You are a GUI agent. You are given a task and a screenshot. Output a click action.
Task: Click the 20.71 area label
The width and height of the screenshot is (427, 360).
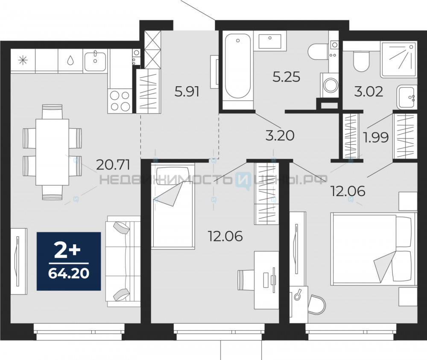point(113,164)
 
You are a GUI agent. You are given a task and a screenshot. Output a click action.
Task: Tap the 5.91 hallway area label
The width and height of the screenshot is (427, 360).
point(187,91)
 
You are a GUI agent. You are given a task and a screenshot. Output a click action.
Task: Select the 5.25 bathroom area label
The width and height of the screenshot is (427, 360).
point(286,77)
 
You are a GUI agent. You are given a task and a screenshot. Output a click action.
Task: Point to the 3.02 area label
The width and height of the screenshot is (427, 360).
point(369,91)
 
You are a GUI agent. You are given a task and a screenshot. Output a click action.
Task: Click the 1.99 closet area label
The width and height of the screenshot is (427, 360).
point(376,137)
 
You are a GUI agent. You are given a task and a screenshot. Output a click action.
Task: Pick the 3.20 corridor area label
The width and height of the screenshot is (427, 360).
point(280,135)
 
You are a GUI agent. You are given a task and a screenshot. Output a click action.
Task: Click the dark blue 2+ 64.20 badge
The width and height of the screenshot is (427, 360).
point(69,261)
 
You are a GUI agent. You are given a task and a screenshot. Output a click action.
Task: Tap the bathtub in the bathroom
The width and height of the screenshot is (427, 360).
point(238,66)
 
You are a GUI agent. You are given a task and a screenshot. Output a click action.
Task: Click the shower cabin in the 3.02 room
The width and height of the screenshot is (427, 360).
point(399,59)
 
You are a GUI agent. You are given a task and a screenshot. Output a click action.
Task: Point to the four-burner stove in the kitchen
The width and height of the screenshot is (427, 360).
point(120,101)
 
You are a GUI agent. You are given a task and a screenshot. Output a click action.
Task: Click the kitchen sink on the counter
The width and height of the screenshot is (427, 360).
point(95,61)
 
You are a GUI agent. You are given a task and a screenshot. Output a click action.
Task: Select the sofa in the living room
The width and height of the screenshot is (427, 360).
point(123,261)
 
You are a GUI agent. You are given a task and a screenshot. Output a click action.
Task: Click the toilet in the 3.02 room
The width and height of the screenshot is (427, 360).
point(361,61)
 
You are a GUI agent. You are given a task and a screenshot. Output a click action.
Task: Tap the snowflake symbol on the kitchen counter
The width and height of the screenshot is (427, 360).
point(23,61)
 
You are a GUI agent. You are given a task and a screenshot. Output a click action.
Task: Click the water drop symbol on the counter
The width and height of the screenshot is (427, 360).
point(70,61)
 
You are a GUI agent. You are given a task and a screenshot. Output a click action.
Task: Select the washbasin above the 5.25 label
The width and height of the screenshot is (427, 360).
point(269,41)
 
